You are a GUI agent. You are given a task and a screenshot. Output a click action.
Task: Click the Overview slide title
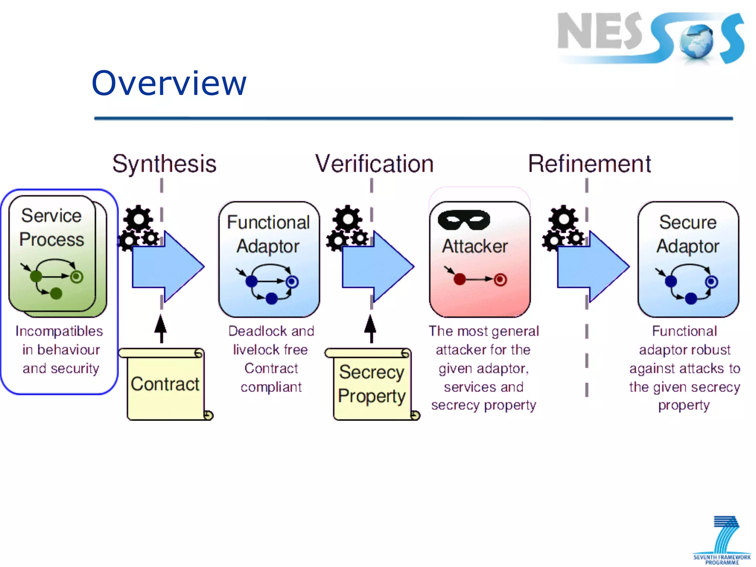(169, 83)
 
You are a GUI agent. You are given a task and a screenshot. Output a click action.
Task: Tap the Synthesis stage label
(164, 164)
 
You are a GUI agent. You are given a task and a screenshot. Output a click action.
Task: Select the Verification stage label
(374, 164)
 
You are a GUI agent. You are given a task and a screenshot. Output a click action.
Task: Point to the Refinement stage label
(590, 164)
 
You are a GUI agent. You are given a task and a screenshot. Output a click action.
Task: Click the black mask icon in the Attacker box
(464, 220)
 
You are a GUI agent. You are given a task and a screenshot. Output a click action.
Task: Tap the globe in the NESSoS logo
(696, 41)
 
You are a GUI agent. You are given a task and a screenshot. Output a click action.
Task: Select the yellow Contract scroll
(165, 384)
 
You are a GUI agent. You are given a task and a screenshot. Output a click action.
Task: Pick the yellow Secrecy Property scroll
(372, 384)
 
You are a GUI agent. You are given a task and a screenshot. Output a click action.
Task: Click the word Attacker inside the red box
(475, 246)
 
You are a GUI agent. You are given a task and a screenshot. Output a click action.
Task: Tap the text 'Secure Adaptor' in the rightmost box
(688, 234)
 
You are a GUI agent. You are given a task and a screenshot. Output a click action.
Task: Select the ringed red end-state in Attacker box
(500, 279)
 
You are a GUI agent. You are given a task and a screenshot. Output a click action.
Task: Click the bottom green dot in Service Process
(56, 293)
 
